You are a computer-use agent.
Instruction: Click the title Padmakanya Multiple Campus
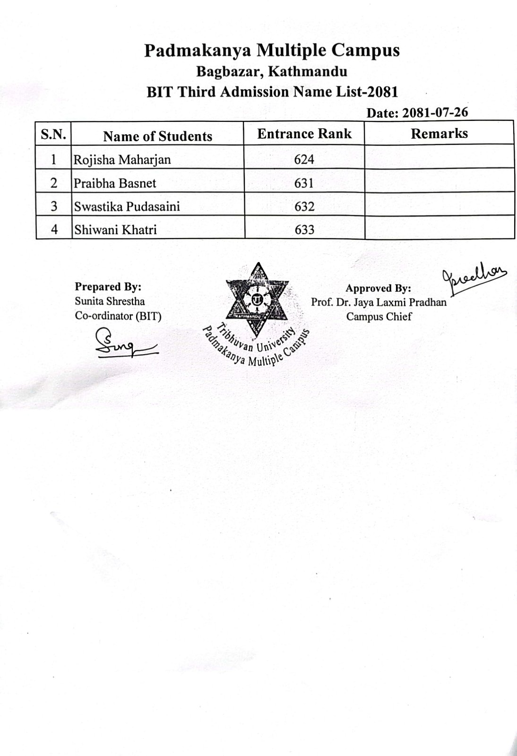point(272,50)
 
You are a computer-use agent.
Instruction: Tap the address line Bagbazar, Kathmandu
point(272,72)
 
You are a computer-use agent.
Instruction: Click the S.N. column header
point(53,134)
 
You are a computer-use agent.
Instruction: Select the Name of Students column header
point(158,136)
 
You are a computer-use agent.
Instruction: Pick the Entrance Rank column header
point(304,134)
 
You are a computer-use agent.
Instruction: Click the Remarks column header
point(439,133)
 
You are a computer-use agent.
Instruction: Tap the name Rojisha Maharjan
point(122,160)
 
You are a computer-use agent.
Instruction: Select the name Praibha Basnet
point(115,183)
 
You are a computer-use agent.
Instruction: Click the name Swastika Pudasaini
point(127,206)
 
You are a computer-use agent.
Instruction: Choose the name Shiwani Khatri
point(115,230)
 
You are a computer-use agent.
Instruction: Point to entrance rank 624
point(304,160)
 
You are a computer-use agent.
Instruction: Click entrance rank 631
point(304,183)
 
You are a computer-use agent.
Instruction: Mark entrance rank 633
point(304,230)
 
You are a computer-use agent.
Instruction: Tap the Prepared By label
point(108,287)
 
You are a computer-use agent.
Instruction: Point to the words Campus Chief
point(379,316)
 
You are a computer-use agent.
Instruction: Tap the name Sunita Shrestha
point(110,301)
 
